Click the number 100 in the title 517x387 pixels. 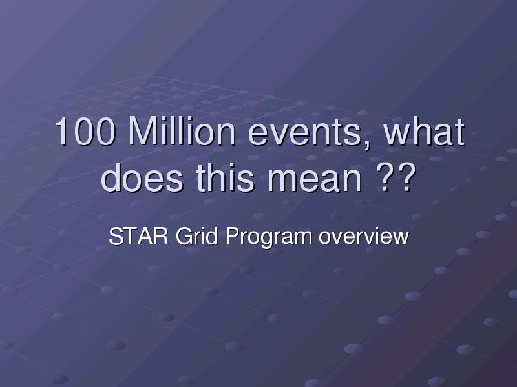click(x=85, y=131)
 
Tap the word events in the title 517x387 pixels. click(x=305, y=134)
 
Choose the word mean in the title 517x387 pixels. click(x=315, y=181)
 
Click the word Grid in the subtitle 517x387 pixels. click(x=197, y=236)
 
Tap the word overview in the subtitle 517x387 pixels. click(x=364, y=236)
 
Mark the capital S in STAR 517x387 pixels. click(x=116, y=236)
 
